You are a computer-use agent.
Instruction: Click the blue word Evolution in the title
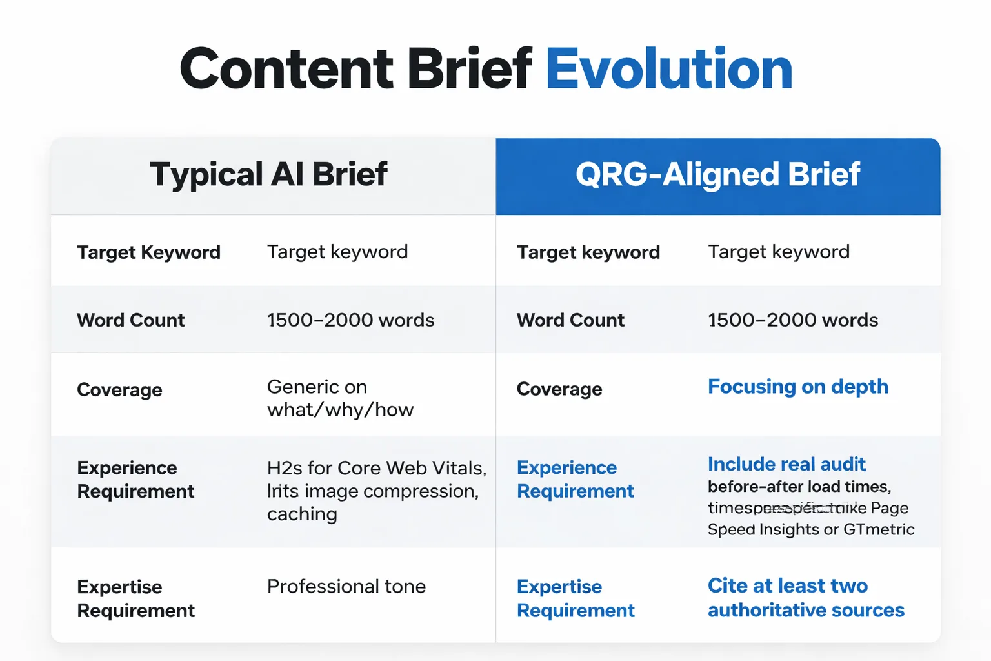coord(668,69)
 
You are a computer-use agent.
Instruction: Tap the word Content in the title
coord(286,69)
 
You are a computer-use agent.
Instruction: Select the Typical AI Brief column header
coord(268,174)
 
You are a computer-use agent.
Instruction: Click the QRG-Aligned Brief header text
coord(717,174)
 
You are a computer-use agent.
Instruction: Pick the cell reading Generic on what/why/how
coord(340,398)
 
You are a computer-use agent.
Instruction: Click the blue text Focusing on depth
coord(797,387)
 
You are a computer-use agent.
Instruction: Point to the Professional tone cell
coord(346,586)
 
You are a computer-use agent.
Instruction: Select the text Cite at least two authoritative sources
coord(805,598)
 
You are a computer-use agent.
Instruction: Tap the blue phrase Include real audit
coord(786,464)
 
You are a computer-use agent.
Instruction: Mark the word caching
coord(302,514)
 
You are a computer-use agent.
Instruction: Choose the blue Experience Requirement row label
coord(575,479)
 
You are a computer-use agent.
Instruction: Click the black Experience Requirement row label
coord(135,480)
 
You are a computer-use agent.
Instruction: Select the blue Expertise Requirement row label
coord(576,598)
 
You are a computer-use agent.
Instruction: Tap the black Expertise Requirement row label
coord(135,598)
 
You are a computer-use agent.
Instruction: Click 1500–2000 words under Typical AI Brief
coord(350,320)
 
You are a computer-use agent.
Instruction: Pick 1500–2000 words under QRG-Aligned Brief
coord(792,320)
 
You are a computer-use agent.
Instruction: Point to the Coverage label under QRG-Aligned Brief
coord(559,389)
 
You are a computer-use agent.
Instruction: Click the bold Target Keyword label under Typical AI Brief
coord(148,252)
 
